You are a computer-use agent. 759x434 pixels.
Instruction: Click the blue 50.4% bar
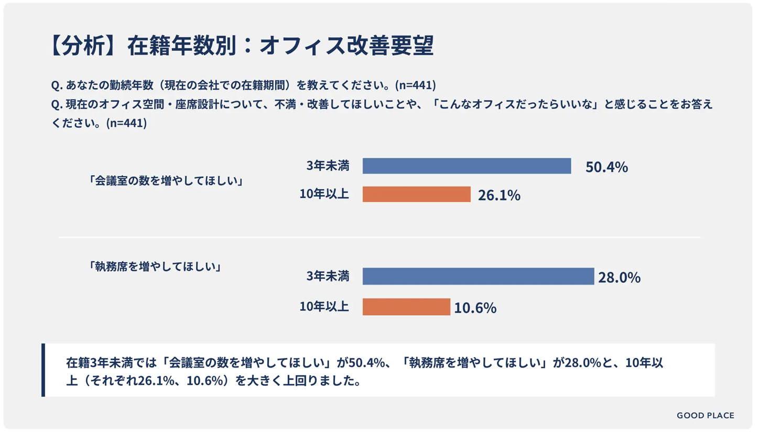[x=467, y=166]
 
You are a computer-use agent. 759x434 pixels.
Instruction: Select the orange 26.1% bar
[x=417, y=194]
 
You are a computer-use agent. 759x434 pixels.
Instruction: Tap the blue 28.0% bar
[x=478, y=276]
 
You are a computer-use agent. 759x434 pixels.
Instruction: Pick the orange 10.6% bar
[x=406, y=307]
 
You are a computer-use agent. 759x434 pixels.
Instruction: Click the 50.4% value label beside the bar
[x=606, y=167]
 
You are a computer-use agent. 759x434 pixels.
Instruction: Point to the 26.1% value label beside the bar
[x=499, y=196]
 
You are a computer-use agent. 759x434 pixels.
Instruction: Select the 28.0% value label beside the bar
[x=620, y=277]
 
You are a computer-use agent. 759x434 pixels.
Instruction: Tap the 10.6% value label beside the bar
[x=475, y=308]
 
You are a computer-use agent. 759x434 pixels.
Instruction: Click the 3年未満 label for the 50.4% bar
[x=328, y=166]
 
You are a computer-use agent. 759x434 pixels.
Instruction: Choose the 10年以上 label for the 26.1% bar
[x=324, y=194]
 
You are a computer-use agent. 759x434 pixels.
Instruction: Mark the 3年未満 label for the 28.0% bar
[x=328, y=276]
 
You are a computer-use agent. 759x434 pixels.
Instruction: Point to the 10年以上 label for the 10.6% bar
[x=324, y=306]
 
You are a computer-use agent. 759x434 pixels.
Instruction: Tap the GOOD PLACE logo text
[x=705, y=416]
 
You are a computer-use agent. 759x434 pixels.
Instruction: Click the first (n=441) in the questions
[x=415, y=85]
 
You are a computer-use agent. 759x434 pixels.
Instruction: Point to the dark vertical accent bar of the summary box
[x=44, y=370]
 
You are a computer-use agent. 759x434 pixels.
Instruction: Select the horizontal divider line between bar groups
[x=379, y=237]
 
